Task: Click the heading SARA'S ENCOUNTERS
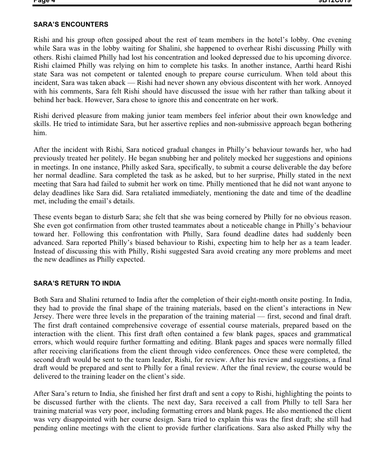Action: click(x=71, y=24)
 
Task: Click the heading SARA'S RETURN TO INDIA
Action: click(x=77, y=283)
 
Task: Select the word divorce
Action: click(x=339, y=57)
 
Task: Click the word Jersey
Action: click(x=44, y=317)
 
